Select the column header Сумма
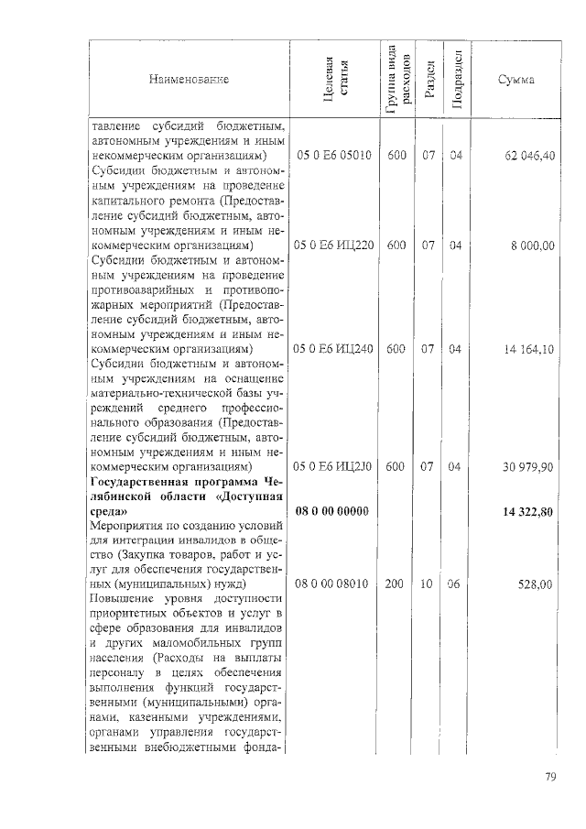tap(515, 80)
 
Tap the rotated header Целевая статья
tap(334, 80)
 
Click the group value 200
tap(396, 584)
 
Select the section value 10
tap(427, 584)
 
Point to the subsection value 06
tap(454, 584)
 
